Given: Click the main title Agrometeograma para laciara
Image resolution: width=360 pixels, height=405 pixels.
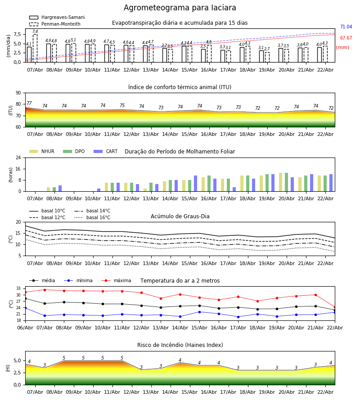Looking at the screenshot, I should click(180, 8).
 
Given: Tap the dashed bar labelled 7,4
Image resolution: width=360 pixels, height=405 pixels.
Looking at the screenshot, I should click(35, 48).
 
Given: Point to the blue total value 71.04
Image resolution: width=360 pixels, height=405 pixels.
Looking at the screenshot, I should click(346, 27).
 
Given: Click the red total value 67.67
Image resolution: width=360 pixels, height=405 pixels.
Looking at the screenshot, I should click(346, 39).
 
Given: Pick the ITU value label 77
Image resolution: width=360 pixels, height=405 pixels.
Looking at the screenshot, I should click(29, 103).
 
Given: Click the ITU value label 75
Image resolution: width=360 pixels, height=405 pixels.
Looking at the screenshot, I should click(122, 106).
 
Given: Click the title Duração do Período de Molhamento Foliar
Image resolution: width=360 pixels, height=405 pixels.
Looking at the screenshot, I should click(180, 152).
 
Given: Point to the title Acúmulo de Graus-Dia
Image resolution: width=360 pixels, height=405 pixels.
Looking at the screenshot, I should click(180, 216).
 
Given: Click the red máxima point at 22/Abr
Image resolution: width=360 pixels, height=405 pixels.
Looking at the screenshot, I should click(335, 307).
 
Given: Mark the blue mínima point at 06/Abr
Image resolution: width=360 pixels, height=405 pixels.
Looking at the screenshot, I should click(25, 308).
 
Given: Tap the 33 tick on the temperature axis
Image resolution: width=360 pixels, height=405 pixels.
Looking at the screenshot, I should click(18, 288).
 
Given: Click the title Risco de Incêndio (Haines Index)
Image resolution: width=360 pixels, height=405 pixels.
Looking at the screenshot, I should click(180, 345).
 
